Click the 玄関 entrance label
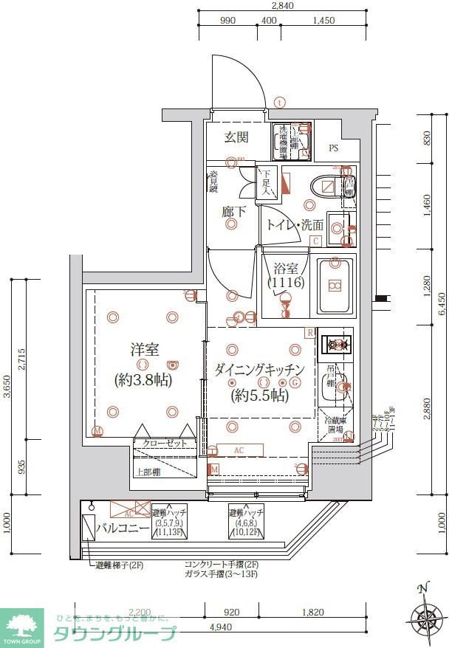(x=236, y=137)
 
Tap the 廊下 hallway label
(x=234, y=212)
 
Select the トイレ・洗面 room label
(x=295, y=225)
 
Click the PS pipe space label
(x=334, y=148)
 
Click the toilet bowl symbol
(x=325, y=187)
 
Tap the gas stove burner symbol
(x=338, y=344)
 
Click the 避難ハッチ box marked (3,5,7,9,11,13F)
(x=169, y=525)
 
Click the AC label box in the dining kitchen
(x=239, y=450)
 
